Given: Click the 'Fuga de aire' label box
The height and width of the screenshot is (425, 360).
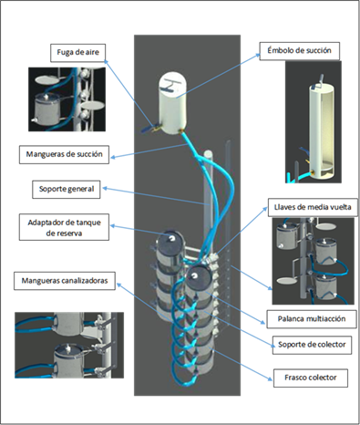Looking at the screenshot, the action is (78, 53).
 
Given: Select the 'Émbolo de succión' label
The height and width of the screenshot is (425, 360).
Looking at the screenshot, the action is (299, 51).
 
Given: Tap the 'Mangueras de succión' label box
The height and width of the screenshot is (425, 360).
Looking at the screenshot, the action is (64, 154).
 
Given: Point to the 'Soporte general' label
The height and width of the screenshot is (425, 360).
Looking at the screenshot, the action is (67, 190).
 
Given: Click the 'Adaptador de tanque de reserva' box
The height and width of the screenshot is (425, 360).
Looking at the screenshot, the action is (64, 227).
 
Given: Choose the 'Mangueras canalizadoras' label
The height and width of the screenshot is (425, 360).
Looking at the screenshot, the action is (65, 281).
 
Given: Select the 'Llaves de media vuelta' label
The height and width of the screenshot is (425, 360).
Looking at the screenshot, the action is (313, 208).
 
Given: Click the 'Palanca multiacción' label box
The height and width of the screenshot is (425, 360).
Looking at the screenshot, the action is (312, 319).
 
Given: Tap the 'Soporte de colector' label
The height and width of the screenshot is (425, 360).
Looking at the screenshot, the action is (312, 345).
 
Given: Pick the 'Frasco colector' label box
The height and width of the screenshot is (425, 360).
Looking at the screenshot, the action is (311, 378).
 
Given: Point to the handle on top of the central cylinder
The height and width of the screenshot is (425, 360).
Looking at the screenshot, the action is (171, 85).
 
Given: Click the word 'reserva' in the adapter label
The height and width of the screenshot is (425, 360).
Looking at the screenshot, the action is (64, 233).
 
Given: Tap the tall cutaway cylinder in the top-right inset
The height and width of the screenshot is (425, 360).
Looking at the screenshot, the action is (321, 130).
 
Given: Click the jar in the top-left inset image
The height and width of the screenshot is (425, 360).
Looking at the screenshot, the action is (47, 109).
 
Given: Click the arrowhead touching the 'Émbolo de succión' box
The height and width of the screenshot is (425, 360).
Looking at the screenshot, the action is (258, 55).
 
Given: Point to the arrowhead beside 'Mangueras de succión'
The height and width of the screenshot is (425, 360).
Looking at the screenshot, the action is (113, 157).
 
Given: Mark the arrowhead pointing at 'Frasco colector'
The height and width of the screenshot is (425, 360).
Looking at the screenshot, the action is (270, 378).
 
